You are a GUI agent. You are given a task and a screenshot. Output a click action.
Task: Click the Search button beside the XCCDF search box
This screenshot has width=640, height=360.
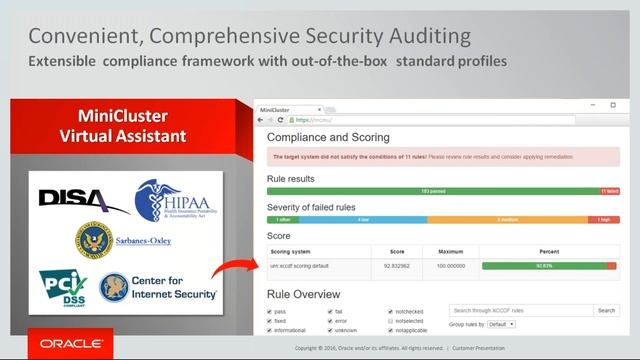(606, 311)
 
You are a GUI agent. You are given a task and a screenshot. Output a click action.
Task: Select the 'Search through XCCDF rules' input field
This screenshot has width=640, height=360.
(520, 311)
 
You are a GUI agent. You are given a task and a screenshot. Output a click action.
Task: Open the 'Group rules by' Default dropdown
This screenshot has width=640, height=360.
(502, 324)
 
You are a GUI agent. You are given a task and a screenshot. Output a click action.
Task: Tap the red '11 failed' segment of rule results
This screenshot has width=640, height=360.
(609, 190)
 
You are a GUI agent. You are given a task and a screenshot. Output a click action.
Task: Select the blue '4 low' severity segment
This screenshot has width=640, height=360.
(363, 219)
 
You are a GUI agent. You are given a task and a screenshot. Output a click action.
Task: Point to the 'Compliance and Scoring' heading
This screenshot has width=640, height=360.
(328, 137)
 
